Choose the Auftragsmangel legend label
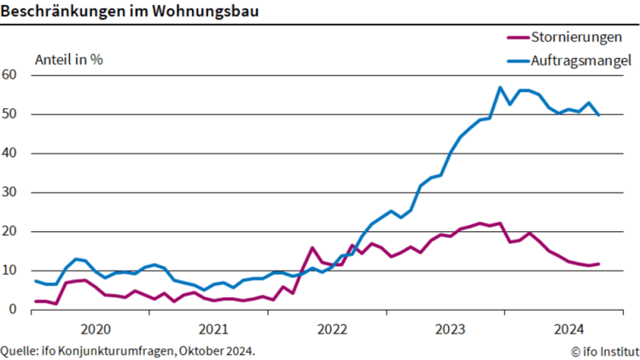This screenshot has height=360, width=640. (580, 61)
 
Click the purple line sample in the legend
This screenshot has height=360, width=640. (517, 38)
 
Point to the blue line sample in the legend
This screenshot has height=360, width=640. (517, 61)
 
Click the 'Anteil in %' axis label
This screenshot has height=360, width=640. (68, 60)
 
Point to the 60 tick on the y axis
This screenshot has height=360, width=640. (10, 75)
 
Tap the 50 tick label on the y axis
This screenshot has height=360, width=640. (10, 114)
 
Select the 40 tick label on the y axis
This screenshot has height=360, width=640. (10, 154)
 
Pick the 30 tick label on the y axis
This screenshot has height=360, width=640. (10, 193)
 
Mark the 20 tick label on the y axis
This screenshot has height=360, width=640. (10, 232)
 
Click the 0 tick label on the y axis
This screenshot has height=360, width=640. (13, 310)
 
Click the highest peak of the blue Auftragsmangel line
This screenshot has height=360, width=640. (500, 87)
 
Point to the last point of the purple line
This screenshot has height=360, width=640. (598, 264)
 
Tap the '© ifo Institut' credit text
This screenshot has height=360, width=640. (605, 351)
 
